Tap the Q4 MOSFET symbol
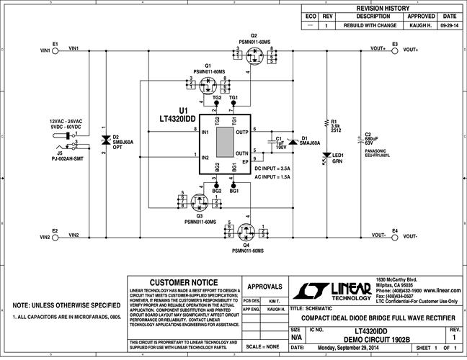click(x=247, y=232)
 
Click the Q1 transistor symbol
click(x=210, y=88)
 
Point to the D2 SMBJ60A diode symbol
click(x=106, y=140)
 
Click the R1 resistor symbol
click(x=326, y=125)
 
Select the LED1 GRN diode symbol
click(x=326, y=156)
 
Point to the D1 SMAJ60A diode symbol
click(x=293, y=142)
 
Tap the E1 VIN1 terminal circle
click(x=55, y=50)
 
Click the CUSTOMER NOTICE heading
click(x=182, y=282)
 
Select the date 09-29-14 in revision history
click(x=449, y=24)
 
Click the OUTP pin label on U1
click(x=241, y=132)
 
